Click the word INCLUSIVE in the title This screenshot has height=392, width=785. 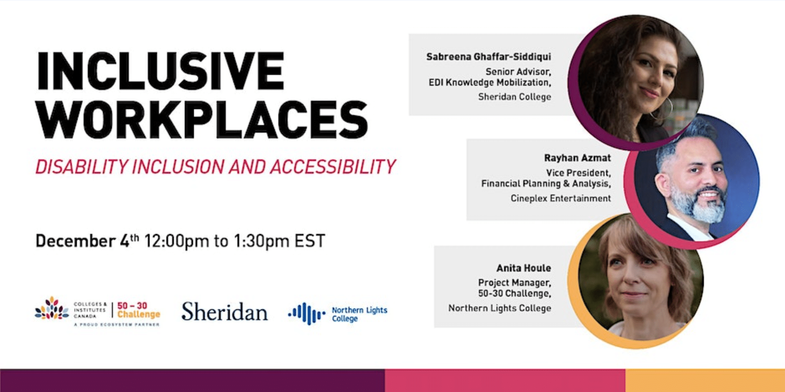[161, 71]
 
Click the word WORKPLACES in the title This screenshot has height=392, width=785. [202, 120]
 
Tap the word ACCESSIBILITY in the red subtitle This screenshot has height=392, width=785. [333, 167]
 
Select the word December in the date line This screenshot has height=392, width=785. [76, 241]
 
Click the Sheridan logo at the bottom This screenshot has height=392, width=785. [224, 312]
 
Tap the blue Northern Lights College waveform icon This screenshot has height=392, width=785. [306, 313]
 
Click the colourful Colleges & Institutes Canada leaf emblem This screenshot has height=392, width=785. [52, 308]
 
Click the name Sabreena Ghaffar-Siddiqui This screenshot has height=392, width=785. [489, 56]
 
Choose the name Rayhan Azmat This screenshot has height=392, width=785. [577, 158]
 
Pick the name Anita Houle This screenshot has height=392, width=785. [524, 268]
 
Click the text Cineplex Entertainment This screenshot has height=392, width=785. [561, 198]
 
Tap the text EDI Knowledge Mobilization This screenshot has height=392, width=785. [489, 83]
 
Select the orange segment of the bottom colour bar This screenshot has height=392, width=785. [705, 380]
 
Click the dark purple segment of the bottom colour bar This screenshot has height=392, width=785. [192, 380]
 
